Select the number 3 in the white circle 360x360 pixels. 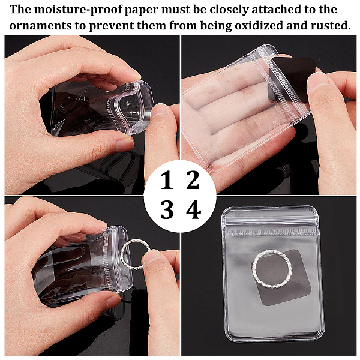[x=167, y=209]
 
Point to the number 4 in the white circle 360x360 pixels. [x=194, y=209]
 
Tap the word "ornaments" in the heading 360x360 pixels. [x=40, y=26]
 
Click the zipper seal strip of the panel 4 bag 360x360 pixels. [x=271, y=232]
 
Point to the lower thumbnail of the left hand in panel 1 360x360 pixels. [x=125, y=145]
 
